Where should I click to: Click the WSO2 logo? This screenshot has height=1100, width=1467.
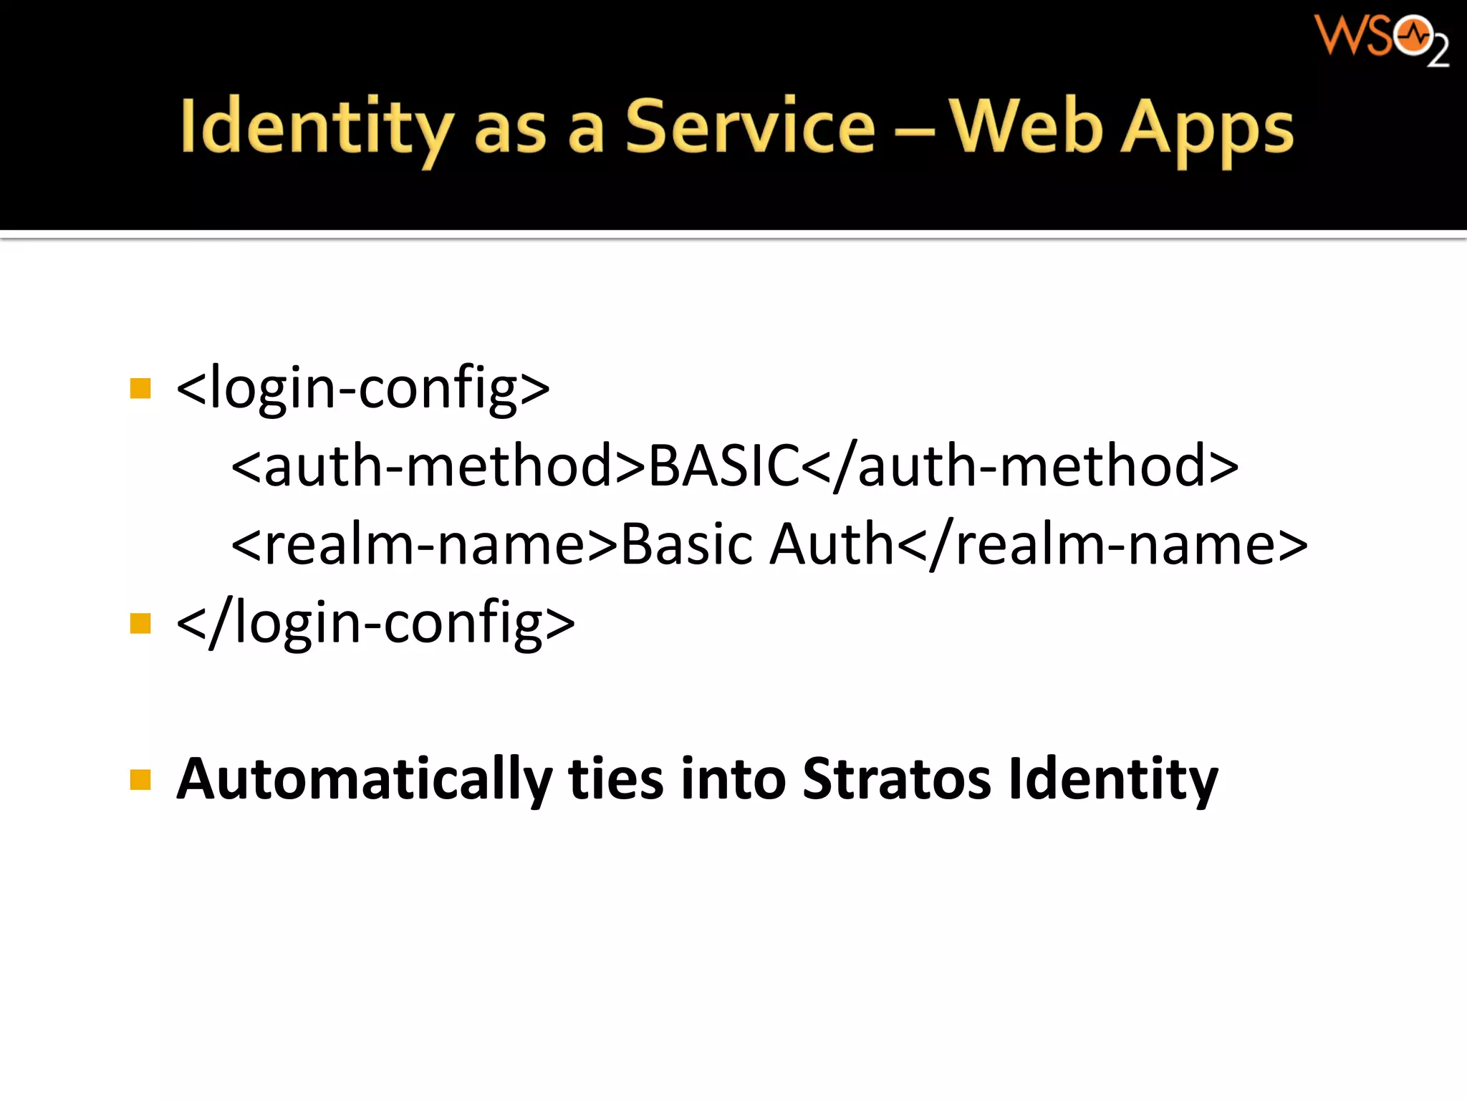(x=1380, y=39)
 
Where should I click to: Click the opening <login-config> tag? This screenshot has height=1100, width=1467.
(x=362, y=388)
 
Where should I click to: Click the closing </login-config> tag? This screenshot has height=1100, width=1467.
(x=375, y=623)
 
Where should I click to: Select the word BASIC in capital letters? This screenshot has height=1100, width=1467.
(x=723, y=466)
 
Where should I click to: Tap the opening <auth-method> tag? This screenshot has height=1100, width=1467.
(x=438, y=466)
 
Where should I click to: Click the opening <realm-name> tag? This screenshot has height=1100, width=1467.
(x=424, y=544)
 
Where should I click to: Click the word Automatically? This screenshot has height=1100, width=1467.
(x=364, y=780)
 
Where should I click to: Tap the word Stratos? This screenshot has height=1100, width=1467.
(x=896, y=778)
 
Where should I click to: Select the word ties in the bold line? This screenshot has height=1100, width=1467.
(x=615, y=778)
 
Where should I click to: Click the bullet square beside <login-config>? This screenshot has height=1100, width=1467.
(x=140, y=389)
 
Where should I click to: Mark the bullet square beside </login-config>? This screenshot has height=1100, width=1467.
(x=140, y=624)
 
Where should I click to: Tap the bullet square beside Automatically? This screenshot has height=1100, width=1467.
(x=140, y=779)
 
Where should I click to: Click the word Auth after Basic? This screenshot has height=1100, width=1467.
(x=832, y=544)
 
